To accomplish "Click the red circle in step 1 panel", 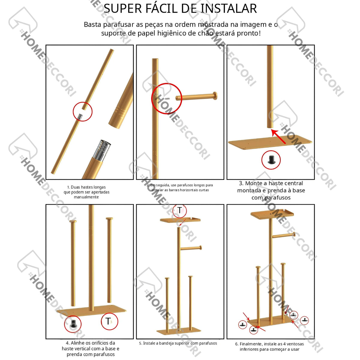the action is point(82,102).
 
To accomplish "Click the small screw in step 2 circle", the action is point(167,99).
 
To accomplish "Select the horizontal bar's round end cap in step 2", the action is point(215,96).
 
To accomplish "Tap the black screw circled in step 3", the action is point(271,160).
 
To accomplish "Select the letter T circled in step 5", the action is point(179,210).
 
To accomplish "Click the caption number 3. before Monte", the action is point(241,183).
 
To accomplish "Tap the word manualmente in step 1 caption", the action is point(86,197).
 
